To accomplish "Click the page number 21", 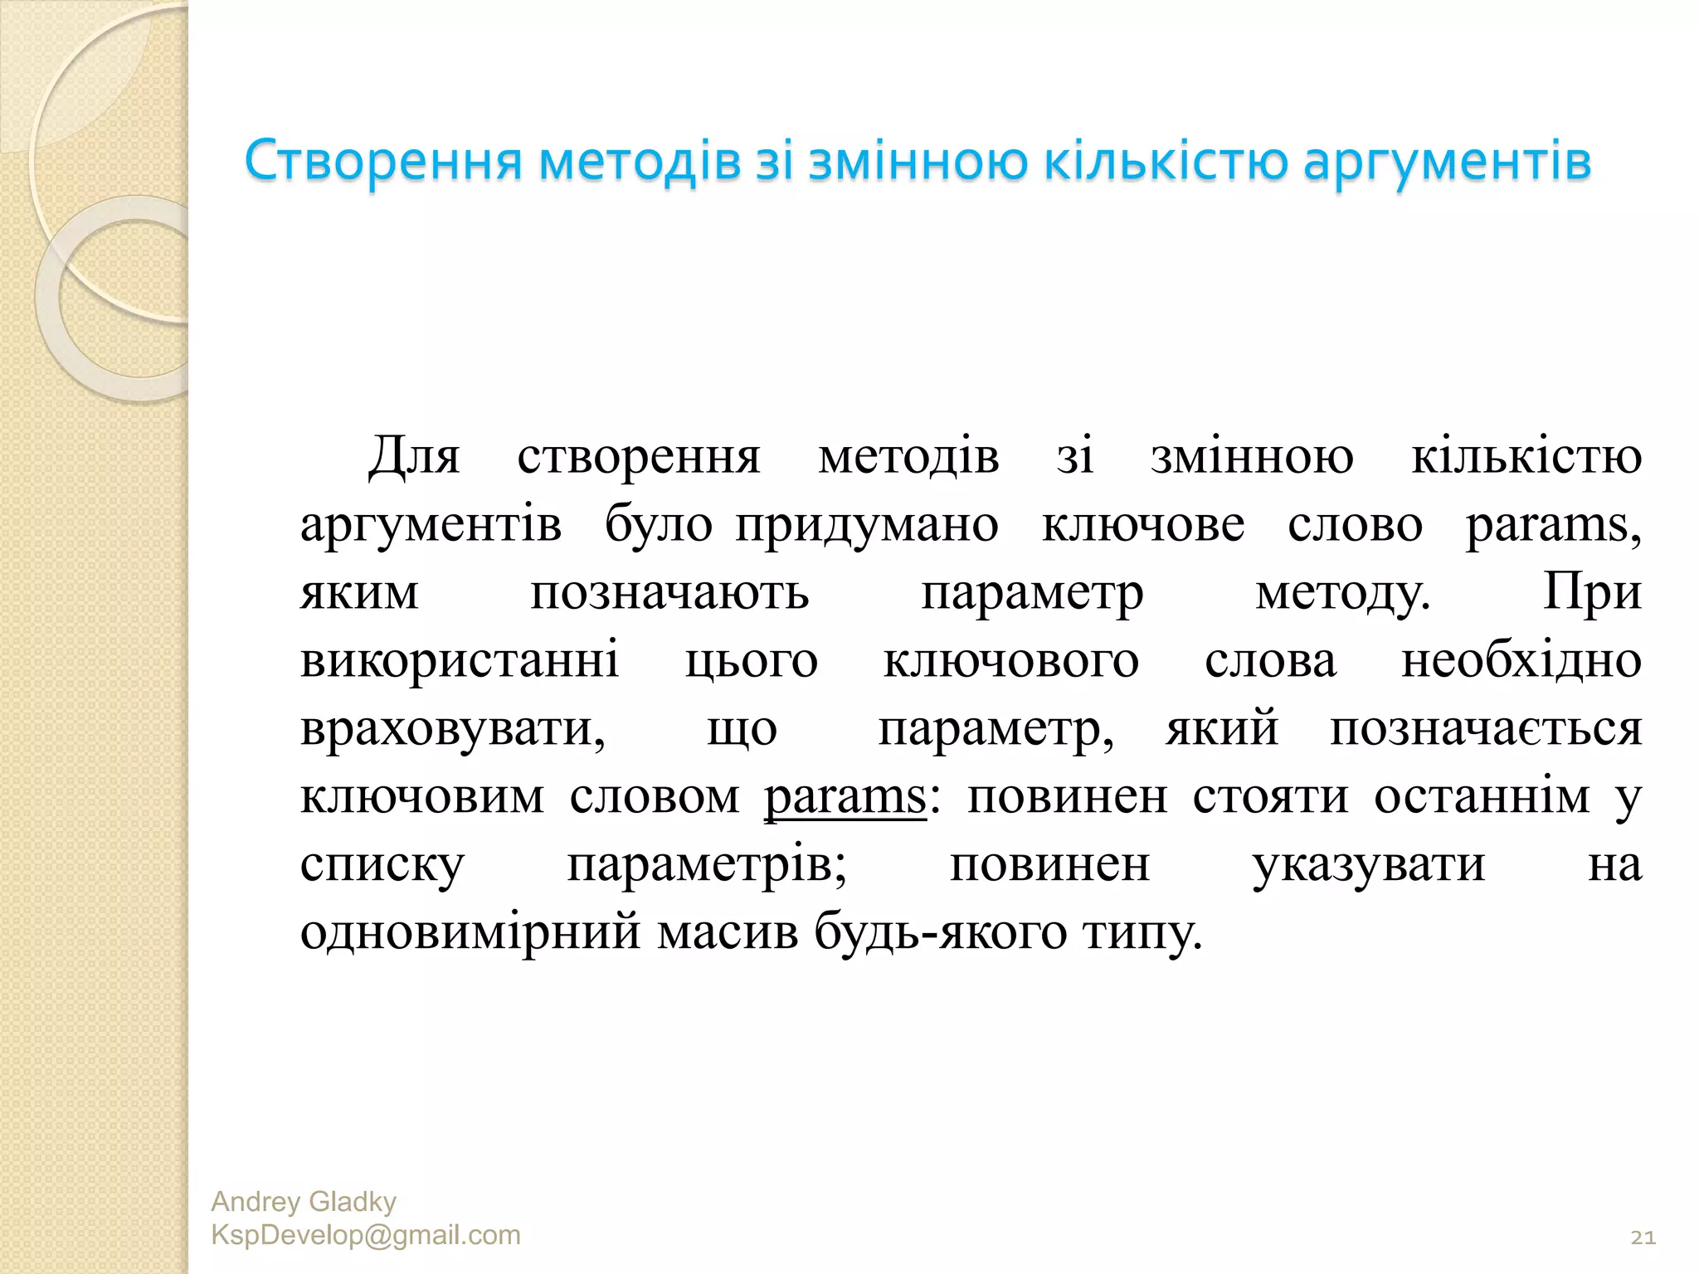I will [x=1643, y=1238].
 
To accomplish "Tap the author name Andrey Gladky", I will [x=304, y=1201].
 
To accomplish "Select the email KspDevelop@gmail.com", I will [x=366, y=1235].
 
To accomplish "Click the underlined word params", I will [x=844, y=798].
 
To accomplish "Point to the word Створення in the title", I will [x=383, y=161].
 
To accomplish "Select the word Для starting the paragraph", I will [x=414, y=457].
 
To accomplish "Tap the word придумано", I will [x=867, y=525].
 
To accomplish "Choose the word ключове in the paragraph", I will [x=1142, y=525].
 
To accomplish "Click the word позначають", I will [x=669, y=593].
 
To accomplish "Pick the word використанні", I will [x=460, y=661].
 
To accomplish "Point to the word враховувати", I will [x=452, y=729].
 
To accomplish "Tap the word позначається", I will [x=1486, y=729].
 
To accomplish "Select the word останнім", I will [x=1482, y=797].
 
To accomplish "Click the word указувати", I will [x=1368, y=865].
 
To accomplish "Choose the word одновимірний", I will [x=470, y=933].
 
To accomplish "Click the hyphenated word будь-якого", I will [x=940, y=933].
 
